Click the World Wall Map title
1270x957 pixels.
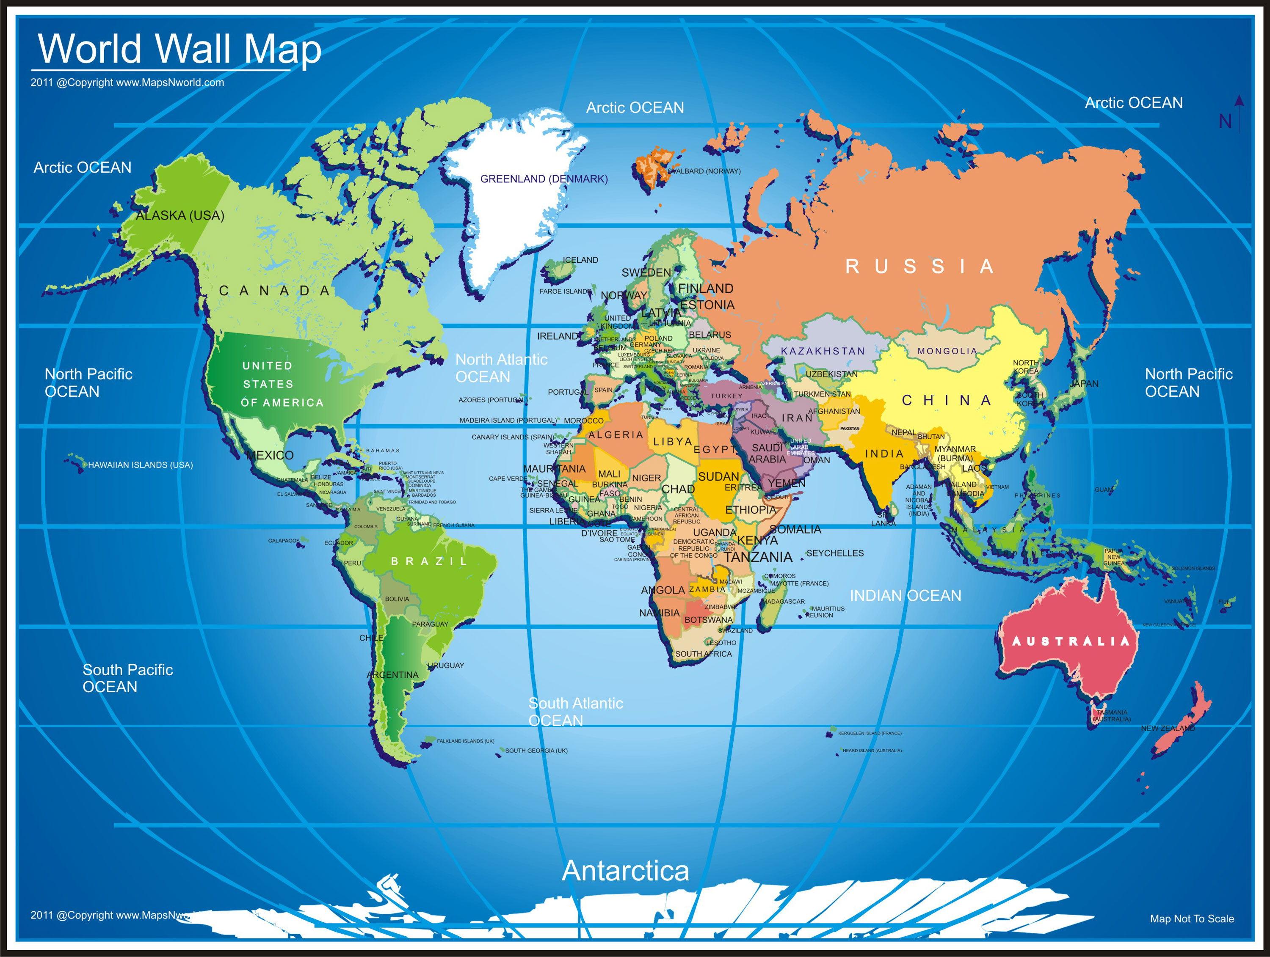pyautogui.click(x=179, y=49)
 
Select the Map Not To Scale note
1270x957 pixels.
pyautogui.click(x=1192, y=919)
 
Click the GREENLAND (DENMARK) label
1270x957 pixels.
pyautogui.click(x=544, y=179)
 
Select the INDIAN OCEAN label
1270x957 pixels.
pyautogui.click(x=906, y=596)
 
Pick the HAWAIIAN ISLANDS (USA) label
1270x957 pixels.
pyautogui.click(x=140, y=465)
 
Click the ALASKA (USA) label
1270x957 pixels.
pyautogui.click(x=180, y=216)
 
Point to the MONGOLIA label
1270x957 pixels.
pyautogui.click(x=947, y=351)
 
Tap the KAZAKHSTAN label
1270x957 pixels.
pyautogui.click(x=823, y=351)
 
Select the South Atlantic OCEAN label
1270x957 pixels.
pyautogui.click(x=575, y=712)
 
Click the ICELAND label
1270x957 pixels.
pyautogui.click(x=580, y=260)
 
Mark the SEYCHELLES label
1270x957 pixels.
pyautogui.click(x=835, y=553)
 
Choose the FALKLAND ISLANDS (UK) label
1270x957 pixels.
pyautogui.click(x=465, y=741)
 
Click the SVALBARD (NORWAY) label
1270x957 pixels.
pyautogui.click(x=704, y=171)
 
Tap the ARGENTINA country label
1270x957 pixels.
pyautogui.click(x=393, y=675)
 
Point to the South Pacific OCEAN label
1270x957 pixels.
pyautogui.click(x=127, y=678)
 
